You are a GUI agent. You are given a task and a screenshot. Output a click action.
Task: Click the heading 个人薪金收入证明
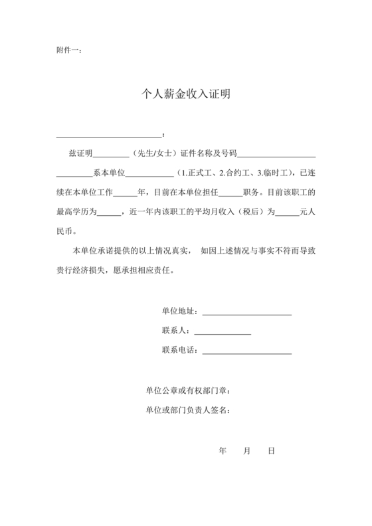click(x=186, y=94)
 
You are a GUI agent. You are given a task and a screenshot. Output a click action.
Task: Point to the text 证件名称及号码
click(x=208, y=155)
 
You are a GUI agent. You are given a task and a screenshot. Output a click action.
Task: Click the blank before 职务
click(x=231, y=195)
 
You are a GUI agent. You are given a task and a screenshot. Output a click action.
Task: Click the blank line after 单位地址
click(x=246, y=312)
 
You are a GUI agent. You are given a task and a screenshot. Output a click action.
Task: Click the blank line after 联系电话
click(x=246, y=351)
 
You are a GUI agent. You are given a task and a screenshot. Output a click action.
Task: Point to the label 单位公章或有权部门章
click(x=188, y=391)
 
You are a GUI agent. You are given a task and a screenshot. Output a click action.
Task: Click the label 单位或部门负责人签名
click(x=188, y=410)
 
